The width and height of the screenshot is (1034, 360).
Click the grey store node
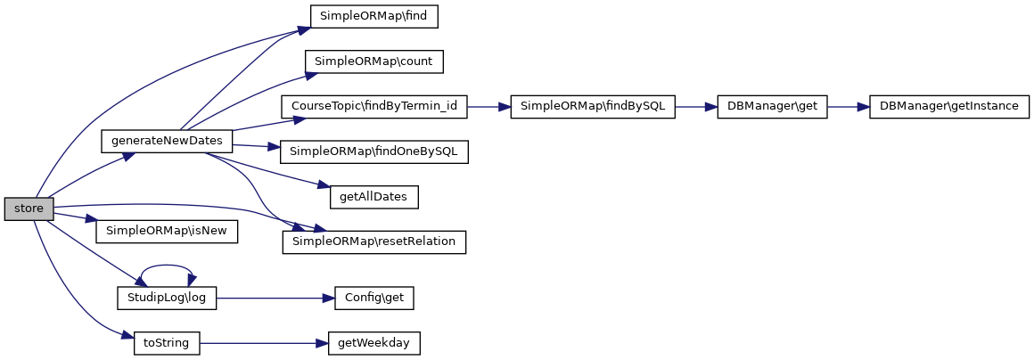[x=29, y=209]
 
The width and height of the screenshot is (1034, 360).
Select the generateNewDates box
[x=167, y=141]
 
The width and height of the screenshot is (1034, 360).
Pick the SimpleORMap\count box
[x=374, y=61]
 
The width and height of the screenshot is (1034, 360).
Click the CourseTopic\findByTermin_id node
[x=374, y=106]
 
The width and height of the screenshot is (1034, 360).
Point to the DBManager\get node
[x=772, y=106]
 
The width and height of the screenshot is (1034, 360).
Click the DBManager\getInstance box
[x=948, y=106]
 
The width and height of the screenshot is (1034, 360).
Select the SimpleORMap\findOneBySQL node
[x=374, y=151]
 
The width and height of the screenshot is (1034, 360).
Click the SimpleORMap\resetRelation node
[x=374, y=241]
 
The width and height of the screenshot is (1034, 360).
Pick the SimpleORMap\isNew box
[x=167, y=230]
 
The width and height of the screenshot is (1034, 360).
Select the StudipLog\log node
[x=167, y=298]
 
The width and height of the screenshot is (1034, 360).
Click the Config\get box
[x=374, y=298]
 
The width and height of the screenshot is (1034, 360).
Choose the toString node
[x=167, y=343]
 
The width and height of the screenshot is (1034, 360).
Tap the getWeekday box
[x=374, y=343]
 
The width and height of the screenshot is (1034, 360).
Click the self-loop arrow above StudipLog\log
[x=167, y=265]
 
